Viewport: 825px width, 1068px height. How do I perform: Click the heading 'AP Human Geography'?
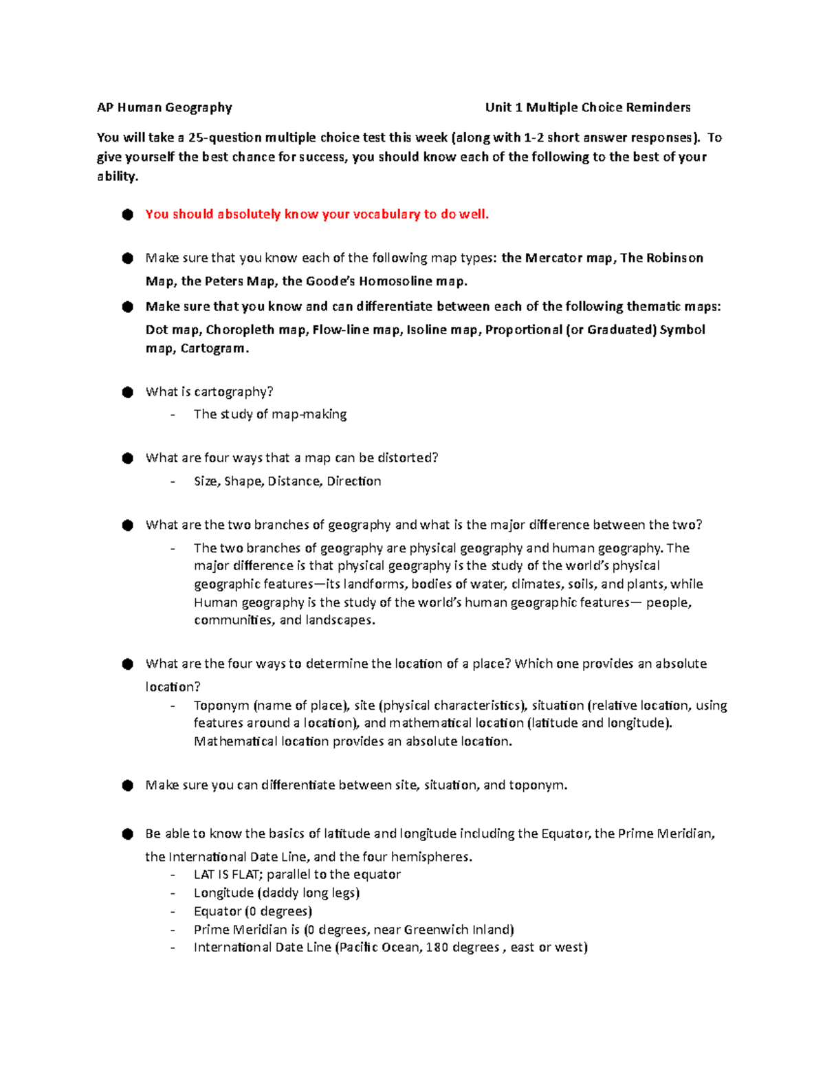pyautogui.click(x=164, y=107)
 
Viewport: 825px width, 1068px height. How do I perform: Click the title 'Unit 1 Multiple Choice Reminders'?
pyautogui.click(x=588, y=107)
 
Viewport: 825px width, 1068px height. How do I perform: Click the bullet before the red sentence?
pyautogui.click(x=128, y=215)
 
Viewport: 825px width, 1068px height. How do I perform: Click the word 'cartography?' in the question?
pyautogui.click(x=234, y=392)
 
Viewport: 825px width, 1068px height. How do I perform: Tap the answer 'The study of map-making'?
pyautogui.click(x=270, y=414)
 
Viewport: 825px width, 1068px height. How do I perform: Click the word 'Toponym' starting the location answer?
pyautogui.click(x=221, y=705)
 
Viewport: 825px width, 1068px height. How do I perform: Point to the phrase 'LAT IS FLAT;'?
pyautogui.click(x=228, y=874)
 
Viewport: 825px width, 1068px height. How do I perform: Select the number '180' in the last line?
pyautogui.click(x=437, y=948)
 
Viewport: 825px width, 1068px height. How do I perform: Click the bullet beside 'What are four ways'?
pyautogui.click(x=128, y=459)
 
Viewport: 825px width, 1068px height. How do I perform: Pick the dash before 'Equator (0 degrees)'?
pyautogui.click(x=173, y=912)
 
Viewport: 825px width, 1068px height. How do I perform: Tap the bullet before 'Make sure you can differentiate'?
pyautogui.click(x=128, y=786)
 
